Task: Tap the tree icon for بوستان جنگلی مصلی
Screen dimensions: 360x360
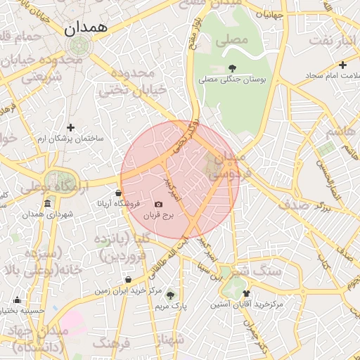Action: [x=232, y=67]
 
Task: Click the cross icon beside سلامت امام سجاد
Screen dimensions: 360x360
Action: [x=307, y=74]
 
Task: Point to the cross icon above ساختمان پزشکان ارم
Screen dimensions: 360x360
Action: [x=70, y=127]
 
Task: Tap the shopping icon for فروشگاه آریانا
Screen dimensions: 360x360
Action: [x=117, y=192]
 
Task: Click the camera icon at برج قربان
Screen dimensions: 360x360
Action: [x=158, y=205]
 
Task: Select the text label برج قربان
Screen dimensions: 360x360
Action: [x=158, y=217]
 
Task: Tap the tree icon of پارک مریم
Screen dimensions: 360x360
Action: [x=170, y=295]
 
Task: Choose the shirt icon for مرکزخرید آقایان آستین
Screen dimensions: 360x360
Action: [x=245, y=293]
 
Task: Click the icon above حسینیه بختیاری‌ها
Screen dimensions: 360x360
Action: [x=18, y=300]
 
